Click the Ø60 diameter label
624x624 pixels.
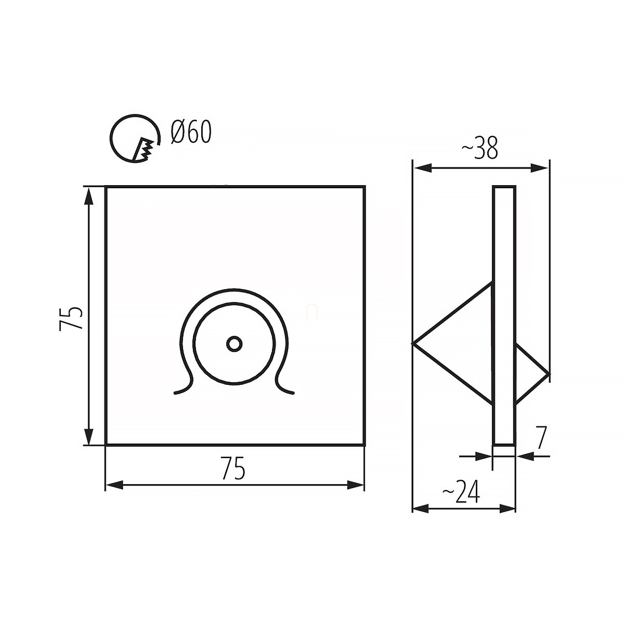click(191, 132)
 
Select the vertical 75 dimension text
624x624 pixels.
click(71, 318)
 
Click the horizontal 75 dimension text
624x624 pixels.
click(233, 467)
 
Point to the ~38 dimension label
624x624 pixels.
click(479, 148)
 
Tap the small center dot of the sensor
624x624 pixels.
click(234, 344)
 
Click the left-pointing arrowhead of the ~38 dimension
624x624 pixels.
click(423, 168)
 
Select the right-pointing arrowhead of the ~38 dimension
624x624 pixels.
click(539, 168)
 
